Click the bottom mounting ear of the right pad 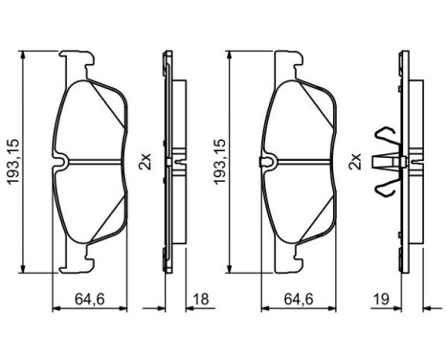285,259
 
